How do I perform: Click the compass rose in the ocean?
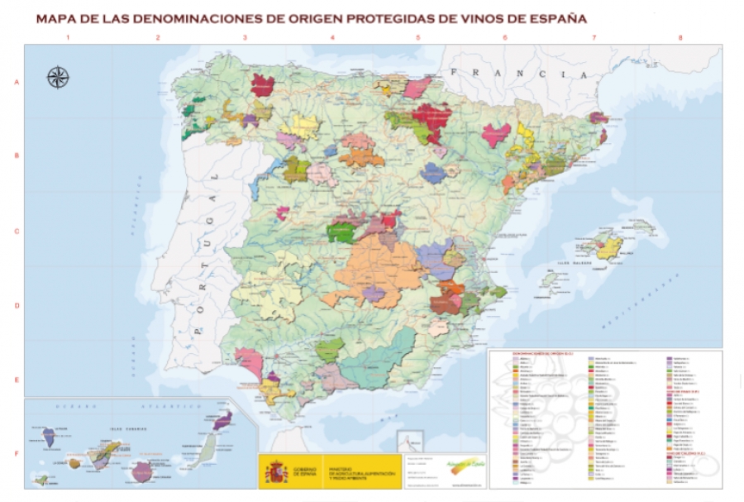(58, 78)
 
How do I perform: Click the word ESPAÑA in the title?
(555, 17)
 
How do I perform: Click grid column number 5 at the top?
(417, 38)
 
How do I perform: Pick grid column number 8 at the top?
(680, 38)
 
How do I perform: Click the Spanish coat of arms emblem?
(275, 472)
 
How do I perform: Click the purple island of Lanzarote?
(222, 421)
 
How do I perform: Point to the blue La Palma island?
(49, 437)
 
